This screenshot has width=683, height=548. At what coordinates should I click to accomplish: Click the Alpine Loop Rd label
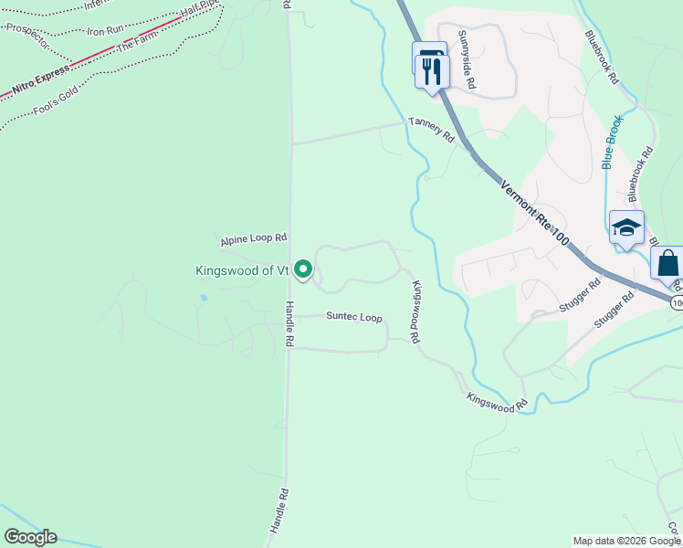(253, 239)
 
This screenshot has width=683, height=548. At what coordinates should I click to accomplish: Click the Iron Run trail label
(106, 30)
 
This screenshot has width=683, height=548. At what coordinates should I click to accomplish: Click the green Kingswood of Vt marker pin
(303, 269)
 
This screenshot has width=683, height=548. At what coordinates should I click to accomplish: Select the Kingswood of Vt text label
(241, 270)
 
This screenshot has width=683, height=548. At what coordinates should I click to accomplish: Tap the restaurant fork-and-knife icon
(432, 70)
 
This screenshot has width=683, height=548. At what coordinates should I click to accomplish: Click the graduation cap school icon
(627, 227)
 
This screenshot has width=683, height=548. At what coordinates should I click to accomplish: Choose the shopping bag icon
(667, 263)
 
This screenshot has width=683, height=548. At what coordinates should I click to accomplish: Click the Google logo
(30, 537)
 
